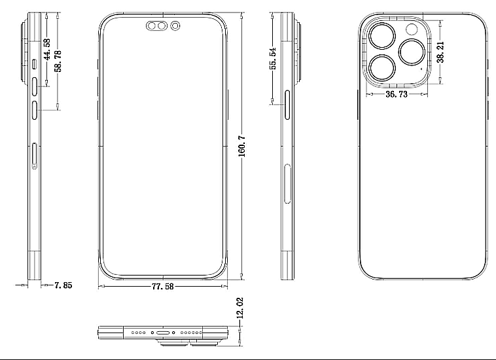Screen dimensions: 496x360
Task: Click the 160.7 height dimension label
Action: (x=241, y=146)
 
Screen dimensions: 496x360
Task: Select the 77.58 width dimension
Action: (x=162, y=286)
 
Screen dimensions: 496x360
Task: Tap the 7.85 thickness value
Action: (x=63, y=285)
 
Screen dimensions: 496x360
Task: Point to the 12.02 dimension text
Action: (x=240, y=308)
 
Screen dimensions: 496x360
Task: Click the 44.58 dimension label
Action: (x=47, y=49)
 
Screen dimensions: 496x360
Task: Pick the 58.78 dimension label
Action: (x=58, y=61)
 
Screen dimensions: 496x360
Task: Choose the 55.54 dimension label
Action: (x=273, y=58)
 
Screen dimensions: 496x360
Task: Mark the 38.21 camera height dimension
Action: (x=440, y=52)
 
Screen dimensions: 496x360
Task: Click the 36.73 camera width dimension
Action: (x=397, y=94)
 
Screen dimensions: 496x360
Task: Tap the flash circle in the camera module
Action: (x=412, y=29)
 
